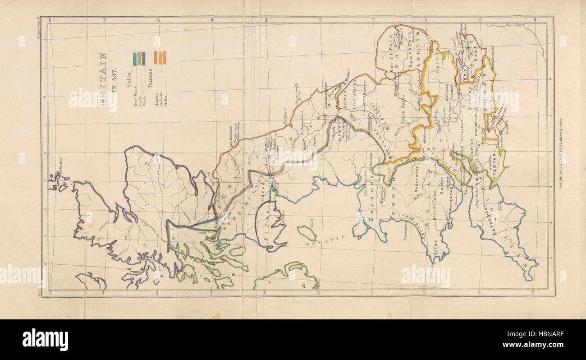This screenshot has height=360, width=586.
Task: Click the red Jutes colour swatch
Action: (x=165, y=58)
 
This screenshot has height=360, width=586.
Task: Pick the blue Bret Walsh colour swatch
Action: (x=134, y=59)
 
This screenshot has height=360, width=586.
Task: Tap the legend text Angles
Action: (x=155, y=97)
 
